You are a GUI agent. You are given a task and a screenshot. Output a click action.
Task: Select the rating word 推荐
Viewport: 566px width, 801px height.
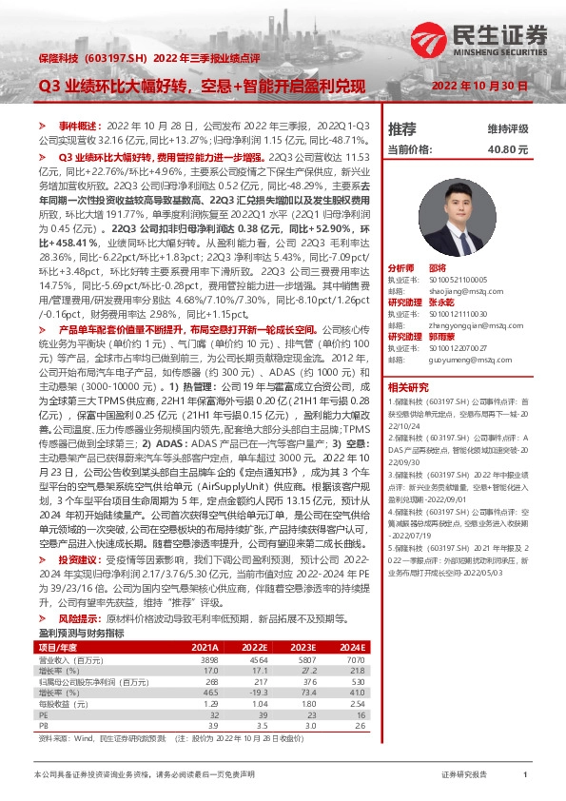pos(402,128)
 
